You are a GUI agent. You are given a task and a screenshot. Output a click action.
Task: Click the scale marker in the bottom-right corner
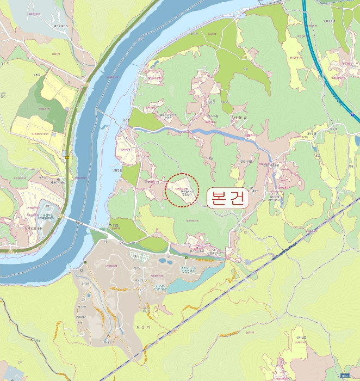click(x=345, y=376)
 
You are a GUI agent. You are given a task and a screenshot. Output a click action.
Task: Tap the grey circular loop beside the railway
click(x=247, y=262)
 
